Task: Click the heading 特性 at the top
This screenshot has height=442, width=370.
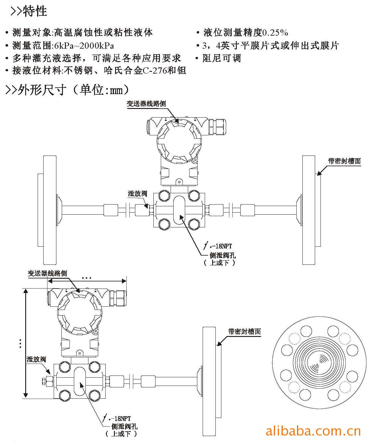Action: pos(35,11)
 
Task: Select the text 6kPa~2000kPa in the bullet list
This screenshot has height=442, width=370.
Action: pos(84,45)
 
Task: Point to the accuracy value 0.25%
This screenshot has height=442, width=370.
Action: pos(275,33)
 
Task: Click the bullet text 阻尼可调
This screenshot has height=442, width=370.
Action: pos(222,58)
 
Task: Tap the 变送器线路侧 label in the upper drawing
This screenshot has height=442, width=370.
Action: pos(146,104)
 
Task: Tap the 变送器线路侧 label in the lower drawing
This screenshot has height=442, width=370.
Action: pos(47,273)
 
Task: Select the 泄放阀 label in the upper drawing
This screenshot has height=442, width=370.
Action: pos(137,194)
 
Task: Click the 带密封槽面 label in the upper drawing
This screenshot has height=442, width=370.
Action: pos(344,161)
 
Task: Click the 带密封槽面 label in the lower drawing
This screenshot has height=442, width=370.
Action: pos(244,331)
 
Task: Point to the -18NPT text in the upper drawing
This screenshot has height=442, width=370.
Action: pos(222,246)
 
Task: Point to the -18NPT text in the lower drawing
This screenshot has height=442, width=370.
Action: pos(120,419)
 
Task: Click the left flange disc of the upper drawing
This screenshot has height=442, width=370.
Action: pos(50,210)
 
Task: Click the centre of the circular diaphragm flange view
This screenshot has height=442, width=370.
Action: pos(319,363)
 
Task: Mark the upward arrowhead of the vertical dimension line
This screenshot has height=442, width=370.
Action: pos(26,291)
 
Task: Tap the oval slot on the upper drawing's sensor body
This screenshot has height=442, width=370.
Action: pos(179,210)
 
